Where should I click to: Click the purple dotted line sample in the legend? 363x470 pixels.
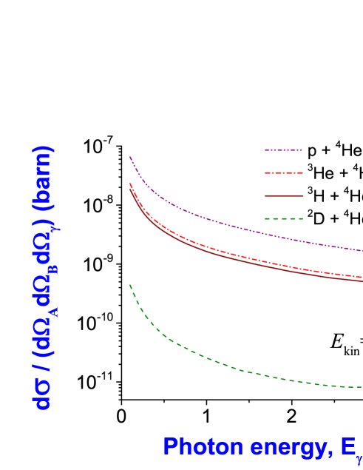(283, 150)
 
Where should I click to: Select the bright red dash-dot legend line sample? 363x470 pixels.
(283, 173)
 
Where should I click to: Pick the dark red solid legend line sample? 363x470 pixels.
(283, 196)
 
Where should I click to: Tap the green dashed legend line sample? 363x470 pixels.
(283, 219)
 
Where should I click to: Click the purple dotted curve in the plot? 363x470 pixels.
(222, 222)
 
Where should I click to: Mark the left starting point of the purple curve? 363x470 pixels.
(130, 157)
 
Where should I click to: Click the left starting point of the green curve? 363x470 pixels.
(130, 285)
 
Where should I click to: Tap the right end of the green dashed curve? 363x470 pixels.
(362, 387)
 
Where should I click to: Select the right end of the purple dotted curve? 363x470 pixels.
(362, 251)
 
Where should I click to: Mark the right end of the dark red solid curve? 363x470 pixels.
(362, 281)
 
